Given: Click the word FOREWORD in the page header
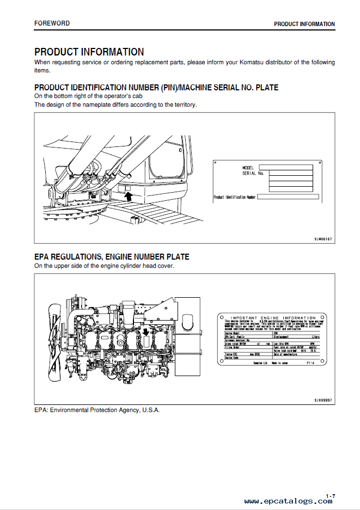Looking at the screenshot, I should click(x=52, y=23).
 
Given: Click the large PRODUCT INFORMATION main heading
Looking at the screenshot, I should click(x=89, y=52).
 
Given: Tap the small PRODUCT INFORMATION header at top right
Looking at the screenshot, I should click(x=304, y=24).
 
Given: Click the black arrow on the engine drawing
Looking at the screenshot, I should click(x=146, y=333).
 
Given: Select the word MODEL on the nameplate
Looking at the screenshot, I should click(x=248, y=167).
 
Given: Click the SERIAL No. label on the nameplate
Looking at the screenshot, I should click(x=252, y=173).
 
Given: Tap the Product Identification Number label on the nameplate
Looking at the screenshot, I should click(x=234, y=196).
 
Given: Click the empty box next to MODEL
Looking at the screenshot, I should click(x=285, y=167).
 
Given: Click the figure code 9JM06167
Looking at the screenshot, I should click(x=323, y=239).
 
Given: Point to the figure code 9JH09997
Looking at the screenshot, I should click(x=323, y=400).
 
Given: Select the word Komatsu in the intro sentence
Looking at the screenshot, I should click(x=250, y=63).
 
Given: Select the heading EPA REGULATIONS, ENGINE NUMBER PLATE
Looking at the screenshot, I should click(x=112, y=257).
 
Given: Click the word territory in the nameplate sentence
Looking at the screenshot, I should click(x=184, y=105).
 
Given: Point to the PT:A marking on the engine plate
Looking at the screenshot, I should click(x=310, y=361).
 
